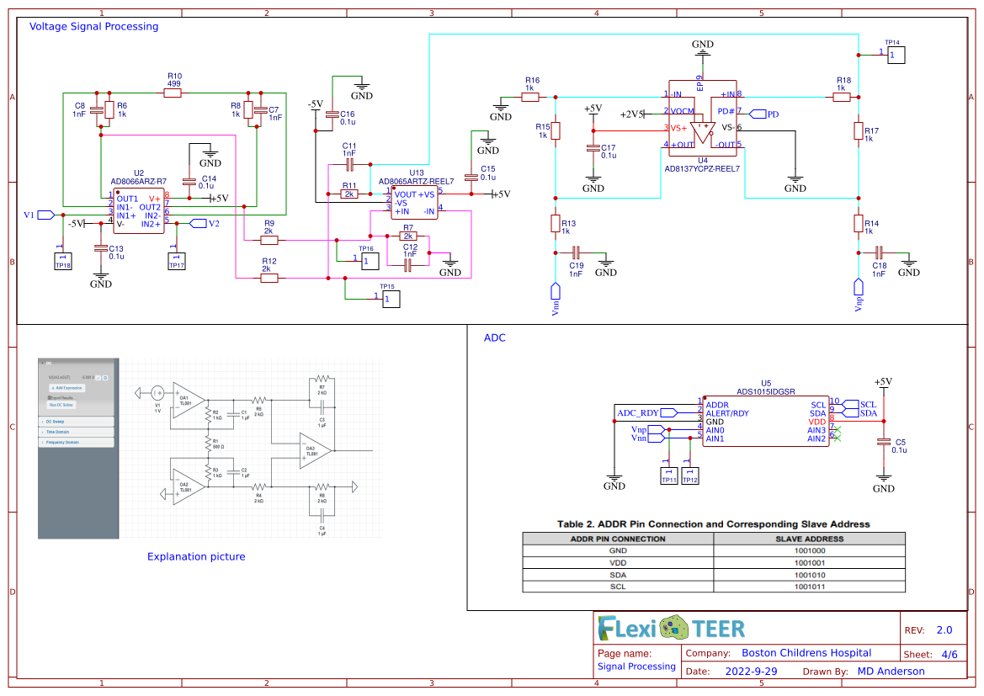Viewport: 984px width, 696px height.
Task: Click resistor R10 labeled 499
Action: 173,93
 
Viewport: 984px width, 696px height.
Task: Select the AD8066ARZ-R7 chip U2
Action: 139,211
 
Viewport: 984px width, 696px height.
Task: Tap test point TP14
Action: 895,56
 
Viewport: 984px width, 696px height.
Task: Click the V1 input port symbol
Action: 46,215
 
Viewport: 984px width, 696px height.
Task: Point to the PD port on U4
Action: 757,114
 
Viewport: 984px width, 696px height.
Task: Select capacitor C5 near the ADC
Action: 883,443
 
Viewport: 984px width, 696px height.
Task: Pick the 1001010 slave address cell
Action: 809,574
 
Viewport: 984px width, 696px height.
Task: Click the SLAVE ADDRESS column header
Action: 809,539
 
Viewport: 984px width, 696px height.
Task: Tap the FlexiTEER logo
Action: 671,628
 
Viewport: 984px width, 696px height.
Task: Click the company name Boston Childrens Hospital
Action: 806,652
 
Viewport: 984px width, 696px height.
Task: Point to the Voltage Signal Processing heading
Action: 93,26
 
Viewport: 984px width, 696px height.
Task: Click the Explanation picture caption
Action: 196,556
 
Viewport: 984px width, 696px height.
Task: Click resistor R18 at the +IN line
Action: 841,98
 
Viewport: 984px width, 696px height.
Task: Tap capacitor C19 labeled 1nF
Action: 577,252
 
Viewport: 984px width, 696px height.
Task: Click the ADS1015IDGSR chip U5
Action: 765,421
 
